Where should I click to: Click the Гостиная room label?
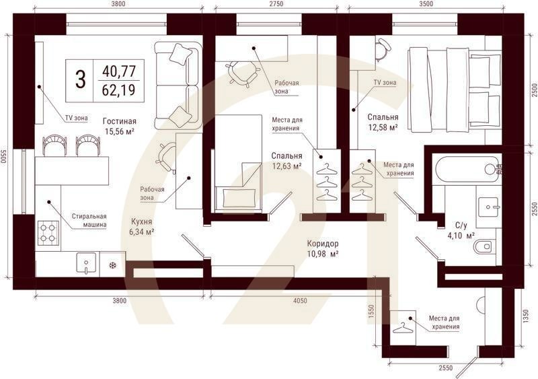[120, 121]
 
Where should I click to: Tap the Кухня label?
[141, 222]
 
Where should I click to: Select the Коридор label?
[323, 244]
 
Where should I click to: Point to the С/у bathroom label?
[461, 226]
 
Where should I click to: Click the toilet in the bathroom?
[484, 246]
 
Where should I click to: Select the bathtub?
[468, 170]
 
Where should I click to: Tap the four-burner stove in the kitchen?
[48, 233]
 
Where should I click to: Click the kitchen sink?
[86, 263]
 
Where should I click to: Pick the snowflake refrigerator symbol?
[112, 265]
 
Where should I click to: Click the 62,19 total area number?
[119, 90]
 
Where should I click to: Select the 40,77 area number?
[119, 71]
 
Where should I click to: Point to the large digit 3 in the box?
[80, 79]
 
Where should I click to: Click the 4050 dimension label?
[300, 301]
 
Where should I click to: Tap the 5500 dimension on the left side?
[3, 157]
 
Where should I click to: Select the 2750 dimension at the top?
[276, 4]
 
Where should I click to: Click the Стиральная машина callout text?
[89, 221]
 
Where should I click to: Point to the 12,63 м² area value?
[287, 166]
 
